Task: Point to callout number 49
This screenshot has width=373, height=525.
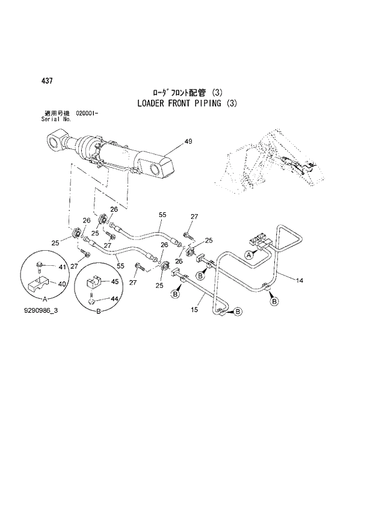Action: pyautogui.click(x=188, y=142)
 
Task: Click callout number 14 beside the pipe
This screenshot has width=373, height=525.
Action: pyautogui.click(x=299, y=279)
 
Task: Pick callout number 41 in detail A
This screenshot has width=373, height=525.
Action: pyautogui.click(x=61, y=266)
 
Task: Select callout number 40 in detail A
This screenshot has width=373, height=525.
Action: pyautogui.click(x=61, y=284)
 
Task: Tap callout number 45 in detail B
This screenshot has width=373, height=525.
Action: pyautogui.click(x=114, y=280)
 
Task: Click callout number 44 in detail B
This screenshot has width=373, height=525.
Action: pyautogui.click(x=114, y=298)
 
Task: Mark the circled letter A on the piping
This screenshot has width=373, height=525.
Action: pyautogui.click(x=247, y=255)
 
